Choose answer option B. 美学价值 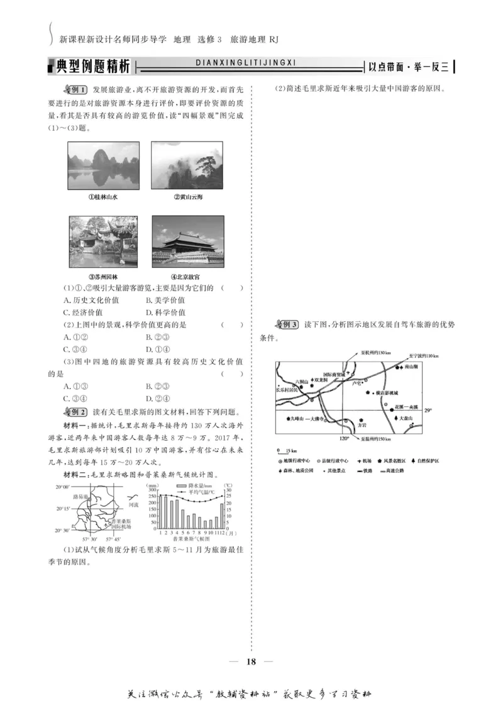[x=165, y=300]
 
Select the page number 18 [x=251, y=661]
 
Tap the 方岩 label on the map [x=362, y=425]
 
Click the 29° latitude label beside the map [x=428, y=411]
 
